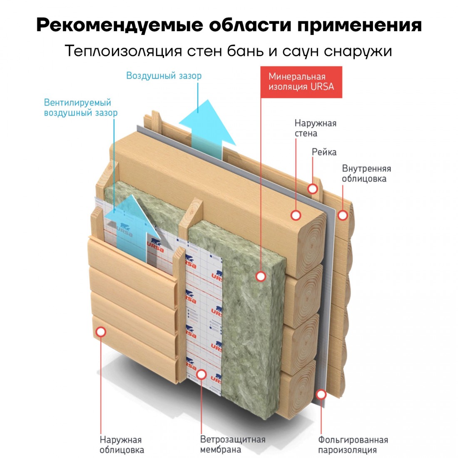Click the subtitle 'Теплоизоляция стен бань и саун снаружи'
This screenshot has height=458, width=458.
(229, 51)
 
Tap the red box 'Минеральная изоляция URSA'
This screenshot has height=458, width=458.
(301, 82)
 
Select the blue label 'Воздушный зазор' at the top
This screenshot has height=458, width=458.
(164, 76)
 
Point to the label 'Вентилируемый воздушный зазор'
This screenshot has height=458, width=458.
(81, 107)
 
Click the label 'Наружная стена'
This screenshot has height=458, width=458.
(315, 128)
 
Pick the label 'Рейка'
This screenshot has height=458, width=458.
(324, 152)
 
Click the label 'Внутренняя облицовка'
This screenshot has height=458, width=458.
(366, 174)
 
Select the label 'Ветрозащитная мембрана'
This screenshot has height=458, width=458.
(232, 445)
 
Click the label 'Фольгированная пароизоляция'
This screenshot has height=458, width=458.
(353, 445)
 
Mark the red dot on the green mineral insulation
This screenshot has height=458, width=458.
(261, 276)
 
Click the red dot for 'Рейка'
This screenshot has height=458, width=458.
(313, 189)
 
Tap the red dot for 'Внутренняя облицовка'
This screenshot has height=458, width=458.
(343, 215)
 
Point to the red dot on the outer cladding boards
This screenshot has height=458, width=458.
(101, 332)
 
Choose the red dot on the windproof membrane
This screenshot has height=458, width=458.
(202, 374)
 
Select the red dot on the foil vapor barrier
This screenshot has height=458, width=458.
(321, 394)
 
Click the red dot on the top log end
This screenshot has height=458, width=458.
(296, 215)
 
